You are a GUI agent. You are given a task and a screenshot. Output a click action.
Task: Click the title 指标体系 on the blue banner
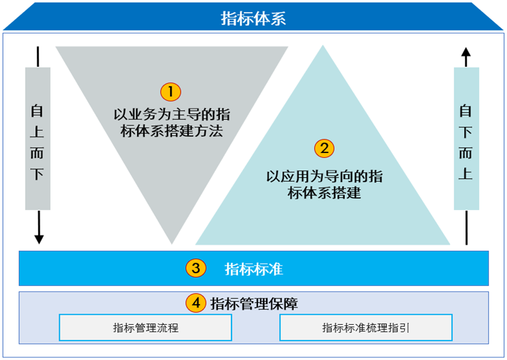(x=253, y=18)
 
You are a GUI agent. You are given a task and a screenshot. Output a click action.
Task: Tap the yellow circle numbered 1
(x=171, y=92)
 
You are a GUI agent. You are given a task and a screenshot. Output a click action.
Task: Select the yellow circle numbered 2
(x=324, y=148)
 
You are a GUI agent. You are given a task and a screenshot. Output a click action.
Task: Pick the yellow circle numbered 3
(x=196, y=268)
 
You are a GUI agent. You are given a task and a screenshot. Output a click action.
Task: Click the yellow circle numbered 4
(x=196, y=303)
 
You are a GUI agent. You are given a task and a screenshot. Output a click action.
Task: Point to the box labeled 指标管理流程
(x=145, y=327)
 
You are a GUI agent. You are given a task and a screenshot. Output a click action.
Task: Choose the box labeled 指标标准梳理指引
(x=366, y=327)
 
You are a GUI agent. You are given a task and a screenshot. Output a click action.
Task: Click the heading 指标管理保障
(x=254, y=304)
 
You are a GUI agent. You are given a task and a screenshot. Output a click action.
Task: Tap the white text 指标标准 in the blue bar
(x=254, y=269)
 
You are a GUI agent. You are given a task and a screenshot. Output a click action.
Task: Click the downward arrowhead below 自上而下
(x=39, y=240)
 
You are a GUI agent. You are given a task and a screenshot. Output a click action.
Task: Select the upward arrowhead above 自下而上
(x=466, y=52)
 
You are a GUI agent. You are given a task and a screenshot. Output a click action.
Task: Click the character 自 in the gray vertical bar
(x=37, y=111)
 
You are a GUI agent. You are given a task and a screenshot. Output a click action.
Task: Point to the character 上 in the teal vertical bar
(x=465, y=174)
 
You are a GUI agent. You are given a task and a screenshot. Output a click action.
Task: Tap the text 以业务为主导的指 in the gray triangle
(x=172, y=114)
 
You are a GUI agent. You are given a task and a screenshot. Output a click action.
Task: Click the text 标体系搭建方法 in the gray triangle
(x=172, y=131)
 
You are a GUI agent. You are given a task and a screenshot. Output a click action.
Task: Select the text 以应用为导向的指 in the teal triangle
(x=324, y=176)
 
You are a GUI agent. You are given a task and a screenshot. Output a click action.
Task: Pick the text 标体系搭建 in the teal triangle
(x=324, y=193)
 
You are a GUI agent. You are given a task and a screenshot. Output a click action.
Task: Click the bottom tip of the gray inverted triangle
(x=172, y=244)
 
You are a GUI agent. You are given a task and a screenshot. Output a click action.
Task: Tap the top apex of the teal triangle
(x=323, y=46)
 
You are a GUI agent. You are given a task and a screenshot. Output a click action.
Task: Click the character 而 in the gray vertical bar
(x=37, y=153)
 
